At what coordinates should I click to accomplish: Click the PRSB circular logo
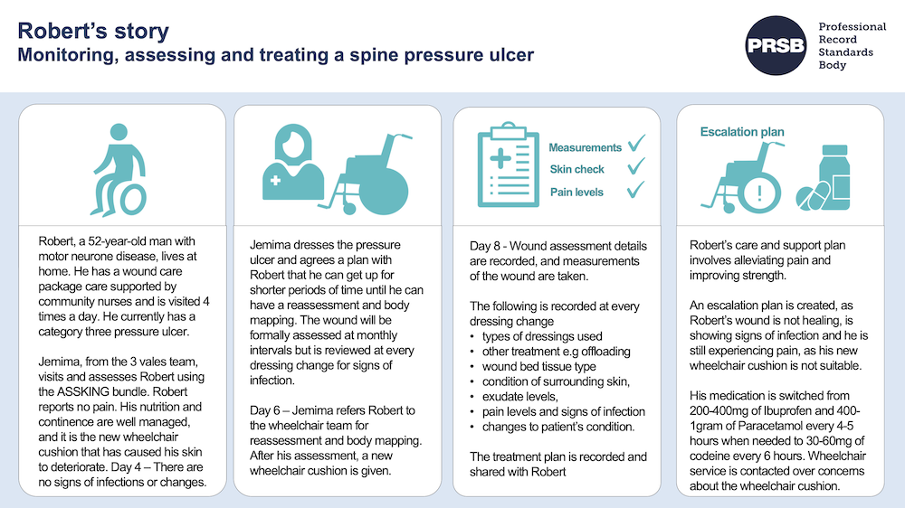coord(775,45)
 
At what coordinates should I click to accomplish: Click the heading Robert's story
coord(93,31)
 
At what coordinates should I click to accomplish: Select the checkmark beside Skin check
coord(635,167)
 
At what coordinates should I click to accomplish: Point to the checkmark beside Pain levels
coord(635,190)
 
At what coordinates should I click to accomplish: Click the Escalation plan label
coord(742,132)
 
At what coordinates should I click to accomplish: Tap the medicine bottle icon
coord(838,169)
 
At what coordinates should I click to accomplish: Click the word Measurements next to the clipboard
coord(586,147)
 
